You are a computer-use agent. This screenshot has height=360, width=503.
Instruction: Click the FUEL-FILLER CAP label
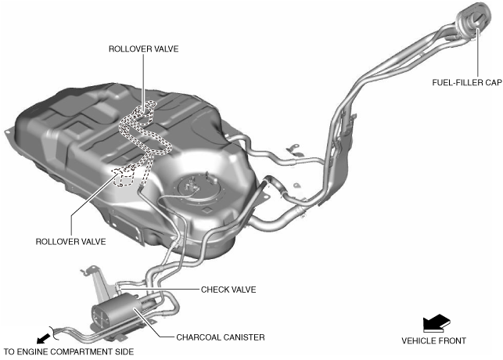465,81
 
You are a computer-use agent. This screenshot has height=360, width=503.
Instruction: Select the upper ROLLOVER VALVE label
144,49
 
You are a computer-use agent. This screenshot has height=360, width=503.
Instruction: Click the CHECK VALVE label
228,289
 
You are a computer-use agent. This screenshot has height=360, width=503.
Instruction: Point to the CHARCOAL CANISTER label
221,337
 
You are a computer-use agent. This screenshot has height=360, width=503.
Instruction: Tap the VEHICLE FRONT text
433,340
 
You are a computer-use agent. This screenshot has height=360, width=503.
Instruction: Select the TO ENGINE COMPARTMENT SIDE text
69,352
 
